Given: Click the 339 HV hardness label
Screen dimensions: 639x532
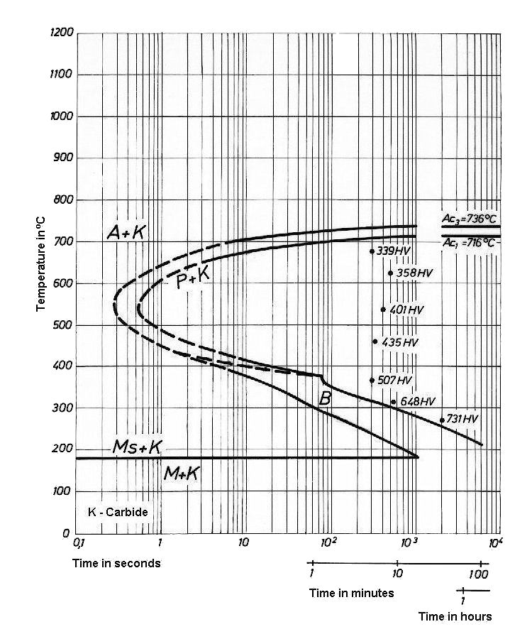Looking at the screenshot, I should point(396,251).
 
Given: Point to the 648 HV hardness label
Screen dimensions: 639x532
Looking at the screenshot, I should point(417,402).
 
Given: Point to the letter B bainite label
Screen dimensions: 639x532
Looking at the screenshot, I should point(326,398).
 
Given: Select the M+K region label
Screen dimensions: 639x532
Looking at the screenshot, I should point(180,475).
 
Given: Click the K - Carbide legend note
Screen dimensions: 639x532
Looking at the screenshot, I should point(116,512).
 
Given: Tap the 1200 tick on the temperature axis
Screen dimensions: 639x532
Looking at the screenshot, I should point(62,33).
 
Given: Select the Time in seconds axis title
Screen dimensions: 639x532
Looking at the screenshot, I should point(116,563).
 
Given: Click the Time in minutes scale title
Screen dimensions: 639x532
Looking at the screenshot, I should point(351,592).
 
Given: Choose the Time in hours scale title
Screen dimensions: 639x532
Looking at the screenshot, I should point(455,616).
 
